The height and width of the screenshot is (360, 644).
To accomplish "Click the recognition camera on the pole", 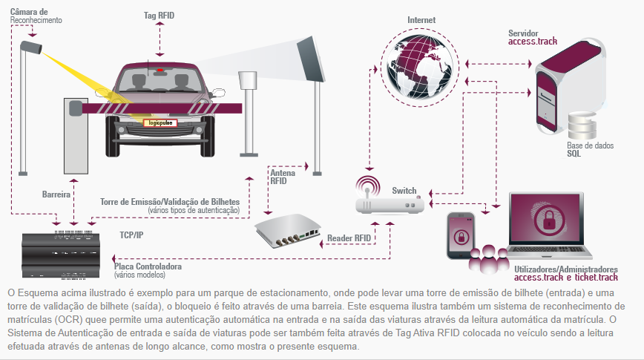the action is (31, 47).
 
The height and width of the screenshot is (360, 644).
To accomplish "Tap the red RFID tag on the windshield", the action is (160, 71).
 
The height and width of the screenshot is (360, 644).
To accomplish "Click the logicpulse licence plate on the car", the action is (160, 122).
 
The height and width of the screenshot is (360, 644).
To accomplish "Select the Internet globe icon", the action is (419, 68).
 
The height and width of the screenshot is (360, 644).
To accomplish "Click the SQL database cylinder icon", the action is (582, 125).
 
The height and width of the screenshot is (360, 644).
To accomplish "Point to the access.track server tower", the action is (570, 85).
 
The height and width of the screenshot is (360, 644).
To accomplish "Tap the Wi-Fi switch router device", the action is (389, 198).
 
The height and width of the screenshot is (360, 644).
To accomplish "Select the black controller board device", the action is (61, 255).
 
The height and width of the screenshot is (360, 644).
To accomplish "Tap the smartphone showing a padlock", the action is (461, 235).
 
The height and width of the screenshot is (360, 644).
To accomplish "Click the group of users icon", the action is (489, 259).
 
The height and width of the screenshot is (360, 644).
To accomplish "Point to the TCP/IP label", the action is (131, 235).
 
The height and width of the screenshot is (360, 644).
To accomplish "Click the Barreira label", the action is (56, 194).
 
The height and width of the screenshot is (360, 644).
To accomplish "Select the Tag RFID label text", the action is (159, 16).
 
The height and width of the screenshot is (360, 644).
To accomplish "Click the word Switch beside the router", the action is (404, 191).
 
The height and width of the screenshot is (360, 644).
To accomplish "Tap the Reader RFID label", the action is (349, 238).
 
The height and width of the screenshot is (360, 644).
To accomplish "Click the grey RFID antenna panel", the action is (311, 59).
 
